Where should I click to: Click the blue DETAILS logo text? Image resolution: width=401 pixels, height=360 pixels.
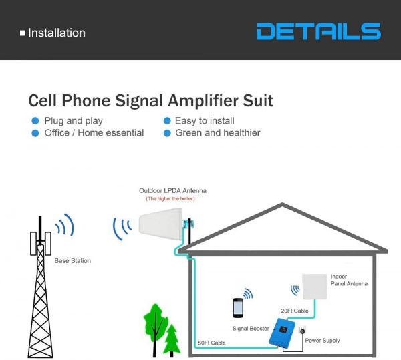319,31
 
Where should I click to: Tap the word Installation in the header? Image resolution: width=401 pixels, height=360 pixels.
57,33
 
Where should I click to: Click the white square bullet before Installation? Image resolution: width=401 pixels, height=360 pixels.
23,33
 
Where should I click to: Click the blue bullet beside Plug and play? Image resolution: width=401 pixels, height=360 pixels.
35,121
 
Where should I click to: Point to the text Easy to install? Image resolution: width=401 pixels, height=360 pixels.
205,121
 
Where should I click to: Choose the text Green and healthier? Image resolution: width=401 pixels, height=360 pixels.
218,133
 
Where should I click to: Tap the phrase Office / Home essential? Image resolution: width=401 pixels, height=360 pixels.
94,133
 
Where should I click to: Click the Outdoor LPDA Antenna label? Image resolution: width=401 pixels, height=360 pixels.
172,190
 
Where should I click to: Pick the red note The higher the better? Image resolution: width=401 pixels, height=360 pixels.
170,198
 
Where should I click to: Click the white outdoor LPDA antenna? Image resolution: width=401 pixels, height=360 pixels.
160,224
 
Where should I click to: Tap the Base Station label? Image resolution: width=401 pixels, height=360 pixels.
73,261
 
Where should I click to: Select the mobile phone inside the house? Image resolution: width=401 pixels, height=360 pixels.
238,308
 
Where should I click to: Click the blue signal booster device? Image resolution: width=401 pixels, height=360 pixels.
282,332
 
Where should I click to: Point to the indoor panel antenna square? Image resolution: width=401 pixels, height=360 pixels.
315,287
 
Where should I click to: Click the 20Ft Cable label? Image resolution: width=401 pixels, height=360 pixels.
295,311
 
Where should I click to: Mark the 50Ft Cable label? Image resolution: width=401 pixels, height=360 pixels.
212,343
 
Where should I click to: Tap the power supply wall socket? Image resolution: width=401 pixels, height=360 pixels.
302,331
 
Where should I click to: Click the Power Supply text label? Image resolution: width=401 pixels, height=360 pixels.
322,341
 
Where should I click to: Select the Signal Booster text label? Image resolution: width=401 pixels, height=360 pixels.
251,329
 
